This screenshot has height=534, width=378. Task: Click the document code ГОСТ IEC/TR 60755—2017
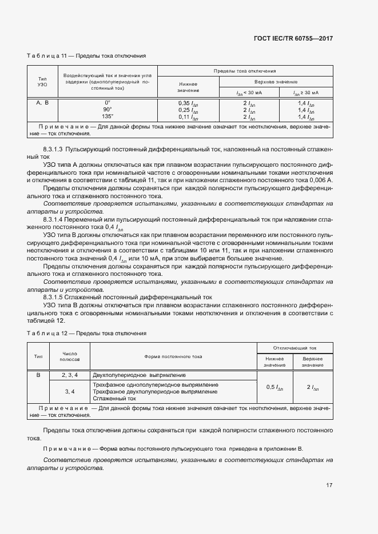293,38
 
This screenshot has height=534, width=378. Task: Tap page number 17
329,485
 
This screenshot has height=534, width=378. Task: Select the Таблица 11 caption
86,56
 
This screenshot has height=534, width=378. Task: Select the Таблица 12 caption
86,332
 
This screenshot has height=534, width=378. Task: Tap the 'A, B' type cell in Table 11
42,103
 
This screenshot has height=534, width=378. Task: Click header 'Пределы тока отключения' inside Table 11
245,71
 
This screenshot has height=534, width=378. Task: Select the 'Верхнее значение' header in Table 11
276,82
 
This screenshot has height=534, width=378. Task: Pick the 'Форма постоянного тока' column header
173,356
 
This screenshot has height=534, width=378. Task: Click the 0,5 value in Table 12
274,387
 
